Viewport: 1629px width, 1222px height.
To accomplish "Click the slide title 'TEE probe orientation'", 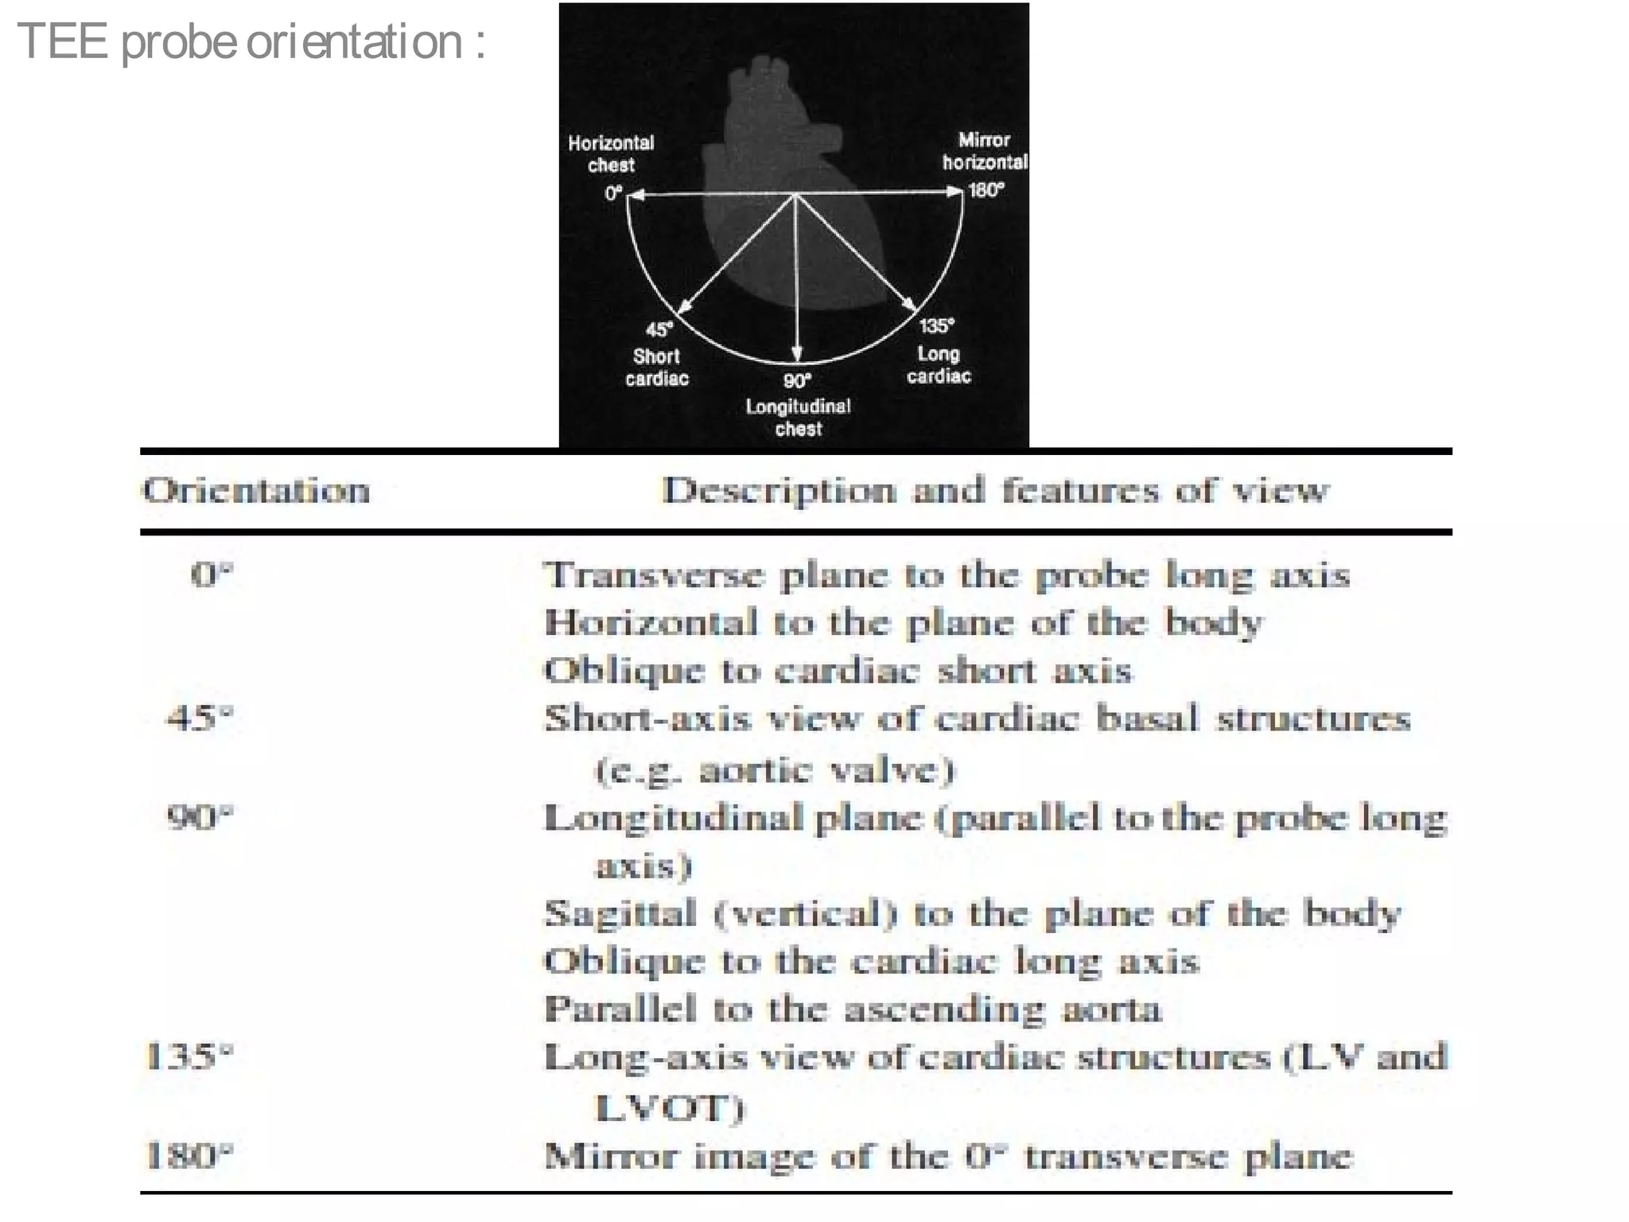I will point(251,41).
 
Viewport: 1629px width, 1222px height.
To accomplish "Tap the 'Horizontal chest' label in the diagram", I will point(611,154).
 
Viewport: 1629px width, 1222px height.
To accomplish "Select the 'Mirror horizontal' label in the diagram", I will point(985,151).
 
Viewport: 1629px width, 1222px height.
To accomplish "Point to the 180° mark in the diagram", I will point(986,190).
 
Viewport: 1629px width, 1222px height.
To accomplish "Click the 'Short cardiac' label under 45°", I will point(656,367).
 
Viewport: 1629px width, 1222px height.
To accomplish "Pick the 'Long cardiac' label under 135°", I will point(939,364).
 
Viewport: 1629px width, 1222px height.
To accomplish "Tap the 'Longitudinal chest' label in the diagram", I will point(798,418).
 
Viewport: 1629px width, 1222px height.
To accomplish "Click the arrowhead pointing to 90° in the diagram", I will point(796,355).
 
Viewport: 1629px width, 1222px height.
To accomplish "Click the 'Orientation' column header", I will point(256,491).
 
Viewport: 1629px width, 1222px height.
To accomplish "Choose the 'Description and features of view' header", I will point(995,491).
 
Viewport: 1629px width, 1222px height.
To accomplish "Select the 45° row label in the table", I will point(199,718).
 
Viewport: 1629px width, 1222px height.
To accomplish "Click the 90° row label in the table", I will point(199,817).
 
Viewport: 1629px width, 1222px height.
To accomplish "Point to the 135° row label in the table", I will point(190,1057).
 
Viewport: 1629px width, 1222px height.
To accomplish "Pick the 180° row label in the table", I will point(190,1155).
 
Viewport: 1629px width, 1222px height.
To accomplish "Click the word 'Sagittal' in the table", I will point(620,913).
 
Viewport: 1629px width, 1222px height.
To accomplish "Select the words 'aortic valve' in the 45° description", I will point(826,770).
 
